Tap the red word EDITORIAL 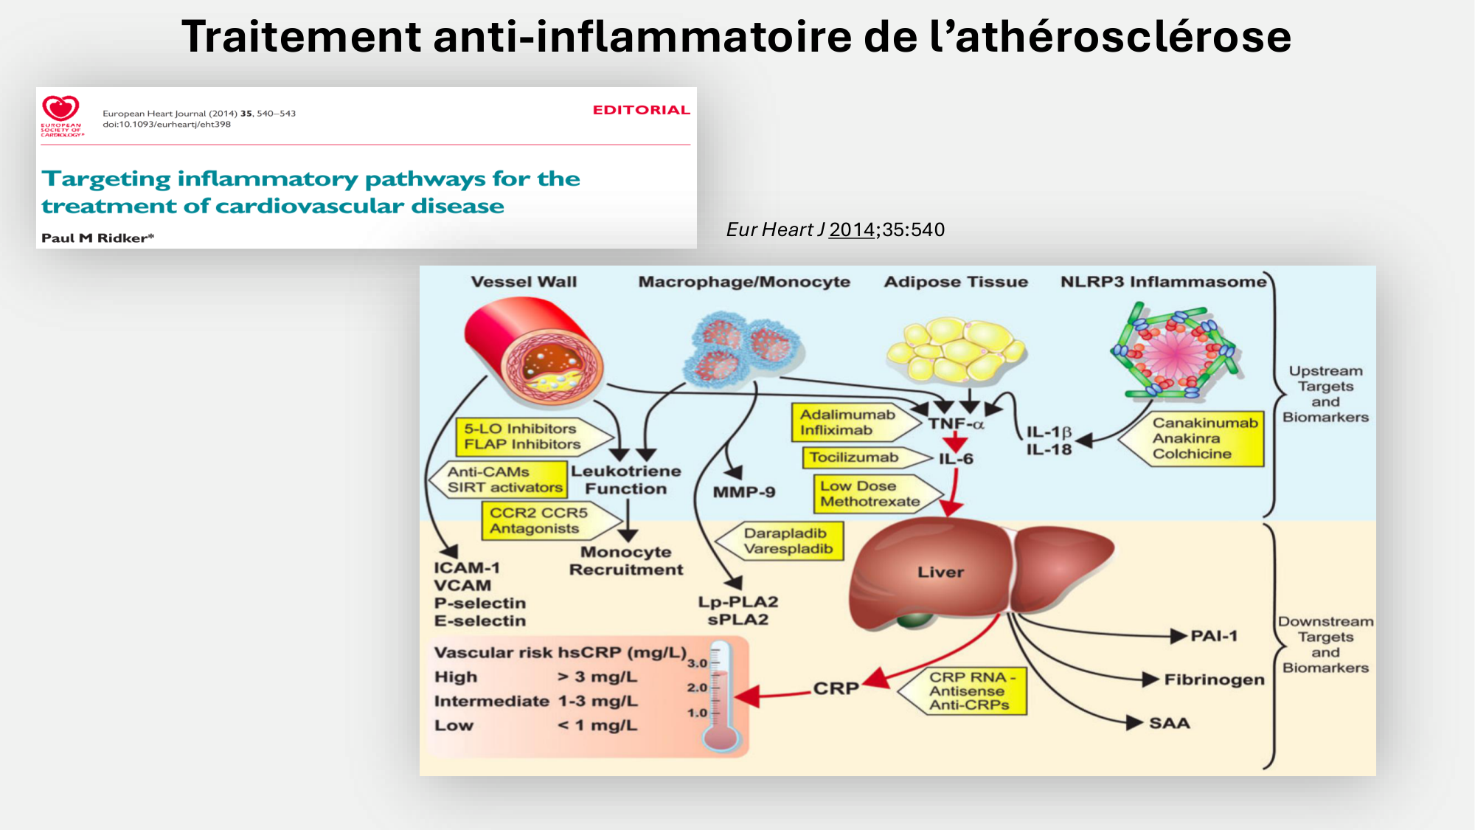click(x=641, y=110)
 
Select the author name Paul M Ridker click(x=97, y=238)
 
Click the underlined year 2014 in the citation click(x=851, y=229)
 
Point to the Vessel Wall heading click(x=524, y=282)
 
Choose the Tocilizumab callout click(x=855, y=457)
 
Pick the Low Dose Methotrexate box click(x=870, y=494)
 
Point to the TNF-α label click(x=956, y=423)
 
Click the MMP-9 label click(x=743, y=492)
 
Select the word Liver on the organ click(x=940, y=572)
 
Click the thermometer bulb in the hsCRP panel click(x=721, y=738)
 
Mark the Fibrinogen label click(x=1214, y=679)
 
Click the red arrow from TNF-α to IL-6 click(x=956, y=441)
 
